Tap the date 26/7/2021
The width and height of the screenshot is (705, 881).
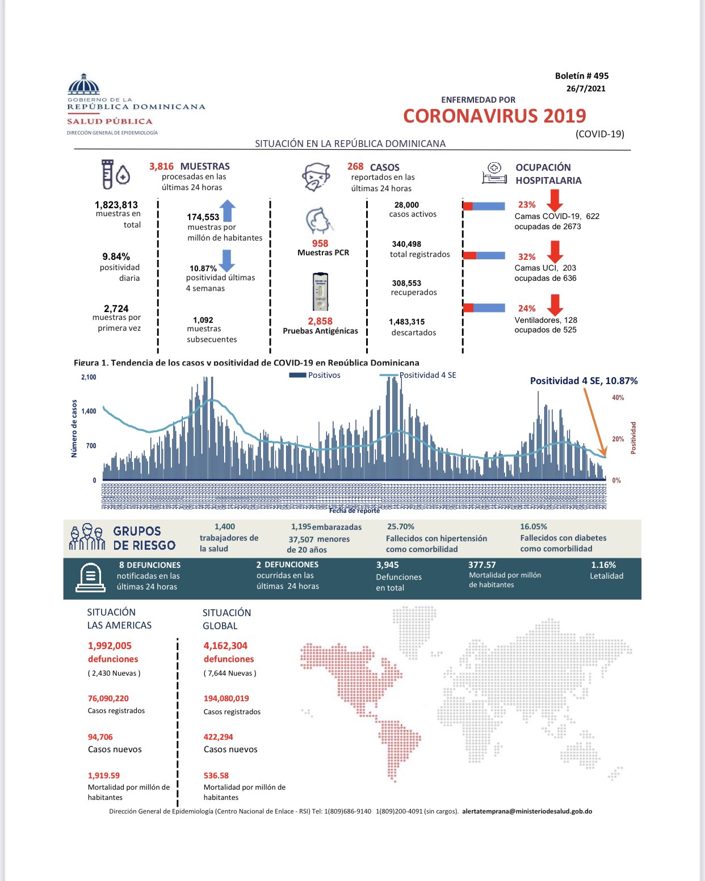tap(586, 88)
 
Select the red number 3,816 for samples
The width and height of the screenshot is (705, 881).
tap(161, 166)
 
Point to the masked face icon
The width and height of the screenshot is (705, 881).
tap(316, 177)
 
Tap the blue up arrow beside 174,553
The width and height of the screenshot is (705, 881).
tap(228, 210)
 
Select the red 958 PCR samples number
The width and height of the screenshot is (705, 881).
tap(320, 243)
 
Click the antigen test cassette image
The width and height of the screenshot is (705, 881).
tap(321, 292)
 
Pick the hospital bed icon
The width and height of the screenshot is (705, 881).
tap(494, 173)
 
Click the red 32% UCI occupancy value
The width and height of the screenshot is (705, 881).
tap(526, 257)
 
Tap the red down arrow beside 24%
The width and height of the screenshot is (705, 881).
tap(555, 305)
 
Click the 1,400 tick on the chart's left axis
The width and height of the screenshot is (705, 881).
tap(89, 411)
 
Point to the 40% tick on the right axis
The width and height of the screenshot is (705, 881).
tap(618, 398)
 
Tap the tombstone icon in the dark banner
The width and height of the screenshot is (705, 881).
tap(90, 578)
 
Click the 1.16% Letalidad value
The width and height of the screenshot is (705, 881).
tap(603, 565)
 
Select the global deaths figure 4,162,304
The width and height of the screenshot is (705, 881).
tap(225, 646)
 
